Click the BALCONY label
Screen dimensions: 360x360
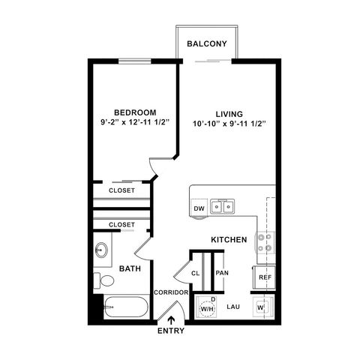click(x=207, y=44)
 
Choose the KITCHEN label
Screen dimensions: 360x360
click(x=229, y=239)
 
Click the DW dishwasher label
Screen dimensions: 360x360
click(x=199, y=208)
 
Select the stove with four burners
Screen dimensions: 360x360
click(x=265, y=241)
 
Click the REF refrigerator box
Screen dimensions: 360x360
click(x=265, y=277)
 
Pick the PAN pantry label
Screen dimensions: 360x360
click(x=222, y=273)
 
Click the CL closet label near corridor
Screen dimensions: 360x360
click(x=196, y=274)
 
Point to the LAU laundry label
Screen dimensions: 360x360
click(x=233, y=307)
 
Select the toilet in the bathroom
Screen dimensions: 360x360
click(x=104, y=281)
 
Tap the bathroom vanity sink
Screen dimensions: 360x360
click(x=101, y=249)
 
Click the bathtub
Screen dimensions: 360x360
click(x=124, y=309)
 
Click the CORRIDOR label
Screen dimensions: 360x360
click(x=169, y=292)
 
